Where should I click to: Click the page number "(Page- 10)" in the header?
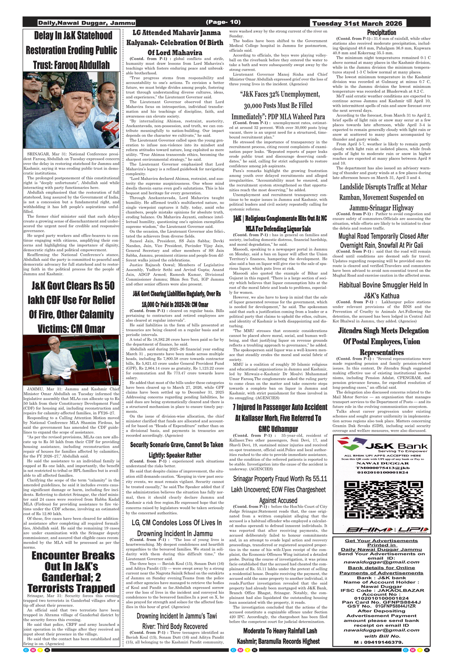[223, 22]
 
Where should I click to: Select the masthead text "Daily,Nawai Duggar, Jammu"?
[86, 23]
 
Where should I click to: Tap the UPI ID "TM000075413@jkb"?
[382, 468]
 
